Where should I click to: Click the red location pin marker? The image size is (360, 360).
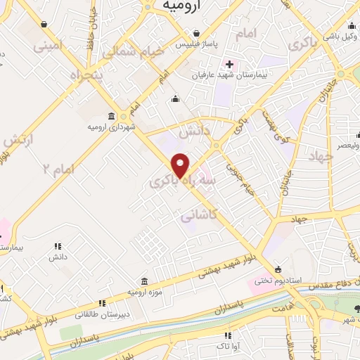point(181,165)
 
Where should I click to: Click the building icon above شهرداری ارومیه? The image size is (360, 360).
point(112,116)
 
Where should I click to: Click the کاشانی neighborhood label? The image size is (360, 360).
point(198,217)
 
